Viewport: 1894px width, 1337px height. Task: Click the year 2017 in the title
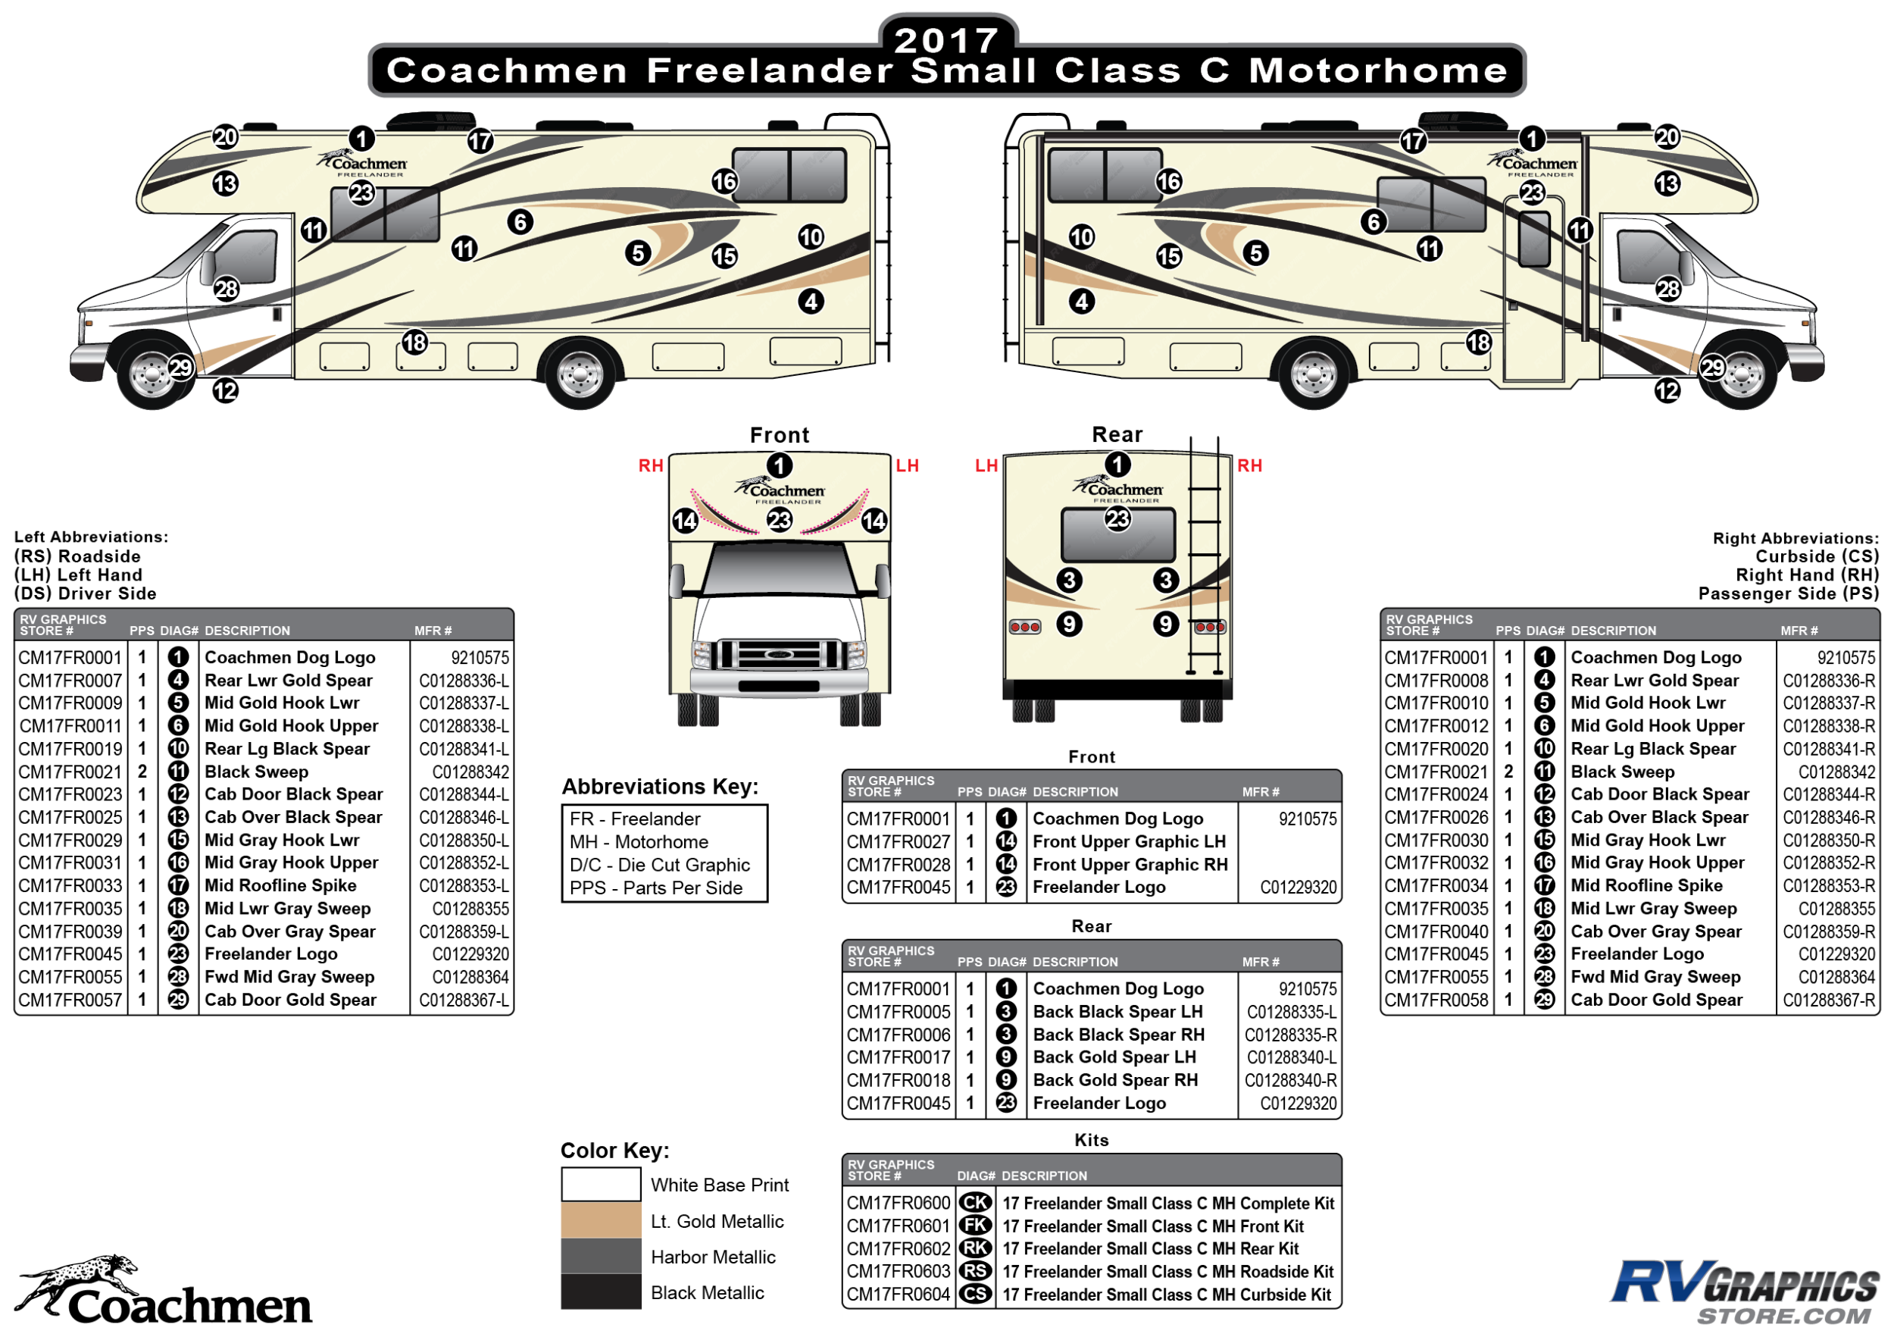pos(947,39)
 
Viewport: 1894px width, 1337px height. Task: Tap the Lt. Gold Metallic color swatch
pos(601,1220)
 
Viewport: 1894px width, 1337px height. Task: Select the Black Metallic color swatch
pos(601,1292)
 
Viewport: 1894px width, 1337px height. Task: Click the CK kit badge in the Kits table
pos(975,1204)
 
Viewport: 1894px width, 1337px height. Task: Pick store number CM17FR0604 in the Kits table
pos(899,1295)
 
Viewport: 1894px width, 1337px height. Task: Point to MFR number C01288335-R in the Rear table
pos(1291,1035)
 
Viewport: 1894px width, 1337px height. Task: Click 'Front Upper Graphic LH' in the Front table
pos(1130,842)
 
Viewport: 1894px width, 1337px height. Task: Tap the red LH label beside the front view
pos(908,465)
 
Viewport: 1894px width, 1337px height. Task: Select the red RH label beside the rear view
pos(1250,465)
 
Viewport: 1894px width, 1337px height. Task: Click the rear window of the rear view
pos(1117,535)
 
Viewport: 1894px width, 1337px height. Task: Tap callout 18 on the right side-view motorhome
pos(1478,343)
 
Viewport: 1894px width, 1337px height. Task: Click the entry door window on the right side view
pos(1534,240)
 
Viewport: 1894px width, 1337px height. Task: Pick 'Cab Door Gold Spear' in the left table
pos(290,1000)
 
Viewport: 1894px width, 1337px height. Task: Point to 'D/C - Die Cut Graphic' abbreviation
pos(660,865)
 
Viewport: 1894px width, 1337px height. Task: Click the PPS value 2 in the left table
pos(142,772)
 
